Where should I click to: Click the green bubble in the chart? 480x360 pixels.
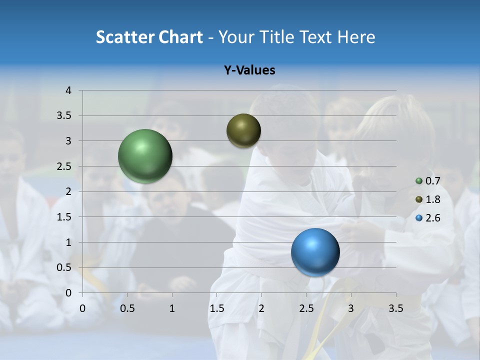145,156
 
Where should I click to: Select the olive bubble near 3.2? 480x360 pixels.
243,130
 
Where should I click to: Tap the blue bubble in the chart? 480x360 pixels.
315,252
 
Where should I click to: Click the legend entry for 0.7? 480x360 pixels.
432,181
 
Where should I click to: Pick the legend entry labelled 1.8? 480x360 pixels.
432,199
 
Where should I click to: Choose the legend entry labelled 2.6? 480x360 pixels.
432,218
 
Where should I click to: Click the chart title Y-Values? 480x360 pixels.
249,70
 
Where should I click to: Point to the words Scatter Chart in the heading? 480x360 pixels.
149,37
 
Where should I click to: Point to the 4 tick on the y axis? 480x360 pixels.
68,90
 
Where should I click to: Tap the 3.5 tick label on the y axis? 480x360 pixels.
65,116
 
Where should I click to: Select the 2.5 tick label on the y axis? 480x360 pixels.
65,166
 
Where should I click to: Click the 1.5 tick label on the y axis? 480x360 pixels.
65,217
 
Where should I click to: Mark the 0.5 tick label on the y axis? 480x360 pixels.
65,267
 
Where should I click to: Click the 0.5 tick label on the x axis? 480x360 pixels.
127,308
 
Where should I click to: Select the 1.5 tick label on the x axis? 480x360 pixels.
217,308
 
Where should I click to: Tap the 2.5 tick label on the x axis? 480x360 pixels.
306,308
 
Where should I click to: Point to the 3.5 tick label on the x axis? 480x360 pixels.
395,308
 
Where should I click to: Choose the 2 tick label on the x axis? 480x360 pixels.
261,308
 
